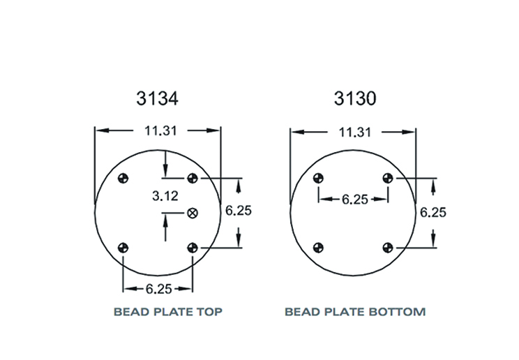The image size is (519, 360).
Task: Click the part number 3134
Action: click(x=157, y=98)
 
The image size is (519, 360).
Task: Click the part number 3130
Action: click(x=354, y=98)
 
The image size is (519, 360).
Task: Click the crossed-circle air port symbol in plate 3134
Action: click(x=193, y=213)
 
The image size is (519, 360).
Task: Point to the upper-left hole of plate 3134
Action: click(x=124, y=178)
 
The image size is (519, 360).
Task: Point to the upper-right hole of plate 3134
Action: click(x=193, y=178)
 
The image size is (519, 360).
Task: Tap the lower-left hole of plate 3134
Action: click(x=124, y=246)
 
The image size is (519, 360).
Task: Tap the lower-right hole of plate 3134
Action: click(x=193, y=246)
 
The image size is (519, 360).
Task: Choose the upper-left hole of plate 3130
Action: click(x=319, y=178)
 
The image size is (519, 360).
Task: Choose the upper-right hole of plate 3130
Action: click(x=388, y=178)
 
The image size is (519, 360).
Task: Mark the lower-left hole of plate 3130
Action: click(x=319, y=246)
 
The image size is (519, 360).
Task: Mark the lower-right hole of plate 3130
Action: click(x=388, y=246)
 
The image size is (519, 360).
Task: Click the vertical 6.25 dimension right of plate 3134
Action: click(x=239, y=210)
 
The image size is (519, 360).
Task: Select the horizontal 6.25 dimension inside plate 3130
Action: click(x=354, y=200)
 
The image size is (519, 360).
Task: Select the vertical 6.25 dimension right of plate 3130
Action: click(x=433, y=212)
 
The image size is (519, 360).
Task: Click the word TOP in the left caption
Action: click(x=208, y=312)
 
